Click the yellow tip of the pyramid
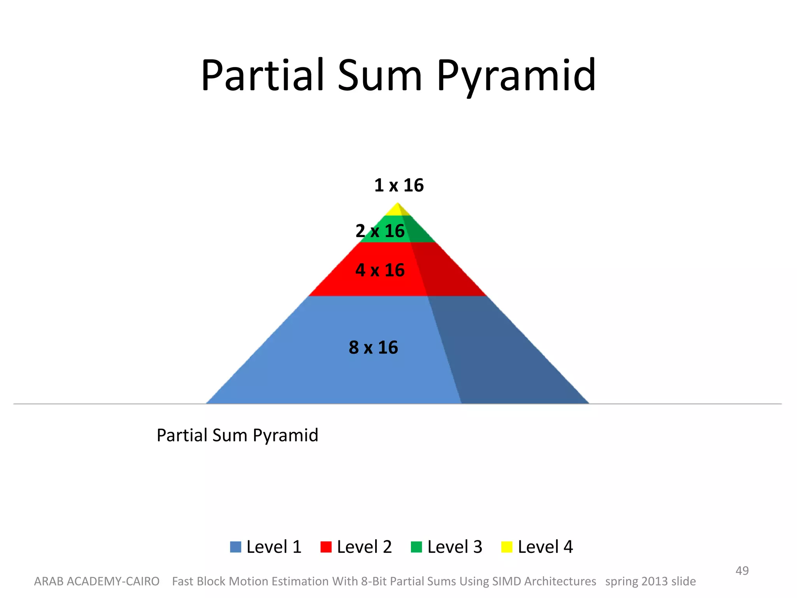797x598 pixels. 397,211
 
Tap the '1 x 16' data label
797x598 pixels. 398,185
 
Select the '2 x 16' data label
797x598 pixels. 380,231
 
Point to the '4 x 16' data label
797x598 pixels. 380,270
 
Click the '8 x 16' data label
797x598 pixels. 373,347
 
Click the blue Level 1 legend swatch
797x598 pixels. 235,547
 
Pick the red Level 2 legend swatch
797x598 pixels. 326,547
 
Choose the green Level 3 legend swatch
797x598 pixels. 416,547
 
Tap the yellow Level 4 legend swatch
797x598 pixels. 507,547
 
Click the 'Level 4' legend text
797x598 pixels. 545,547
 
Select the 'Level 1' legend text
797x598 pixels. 274,547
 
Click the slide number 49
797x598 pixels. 742,571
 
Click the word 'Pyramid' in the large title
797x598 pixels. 516,76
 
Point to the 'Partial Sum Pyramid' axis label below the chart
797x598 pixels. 237,435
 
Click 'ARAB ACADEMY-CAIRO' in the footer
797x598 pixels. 97,581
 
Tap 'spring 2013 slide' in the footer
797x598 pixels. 650,581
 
